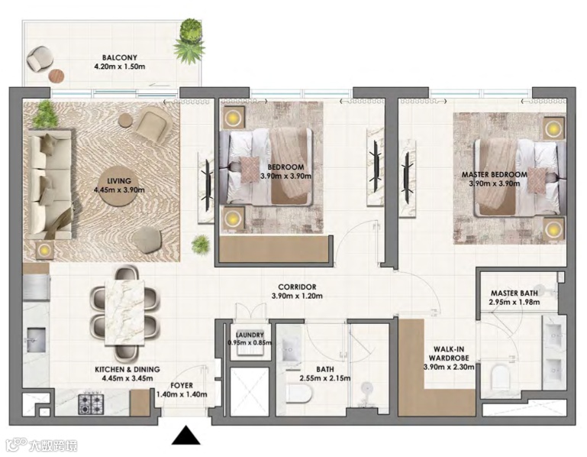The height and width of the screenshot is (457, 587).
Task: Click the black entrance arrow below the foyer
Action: point(186,436)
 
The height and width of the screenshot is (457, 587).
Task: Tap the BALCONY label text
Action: point(119,58)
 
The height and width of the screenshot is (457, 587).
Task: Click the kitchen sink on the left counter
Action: point(37,339)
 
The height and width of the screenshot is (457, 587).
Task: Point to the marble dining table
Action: point(125,312)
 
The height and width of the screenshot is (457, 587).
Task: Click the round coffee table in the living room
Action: point(118,185)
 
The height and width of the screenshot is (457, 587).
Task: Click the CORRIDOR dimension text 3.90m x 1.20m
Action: point(297,296)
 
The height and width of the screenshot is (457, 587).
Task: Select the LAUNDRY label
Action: point(250,335)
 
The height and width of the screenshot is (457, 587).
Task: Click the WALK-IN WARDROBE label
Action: point(449,354)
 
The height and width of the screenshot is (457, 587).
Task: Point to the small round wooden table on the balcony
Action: point(56,76)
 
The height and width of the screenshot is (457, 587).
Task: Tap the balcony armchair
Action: point(40,59)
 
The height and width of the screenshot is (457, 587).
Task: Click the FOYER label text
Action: point(182,385)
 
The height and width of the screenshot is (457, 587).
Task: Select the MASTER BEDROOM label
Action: point(494,175)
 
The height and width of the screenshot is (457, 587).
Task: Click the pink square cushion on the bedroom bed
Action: point(249,170)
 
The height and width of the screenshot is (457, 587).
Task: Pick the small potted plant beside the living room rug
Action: point(200,245)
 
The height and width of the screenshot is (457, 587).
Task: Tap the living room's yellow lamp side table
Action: point(44,250)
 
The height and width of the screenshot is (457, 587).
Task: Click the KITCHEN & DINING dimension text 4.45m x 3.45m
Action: point(127,378)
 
